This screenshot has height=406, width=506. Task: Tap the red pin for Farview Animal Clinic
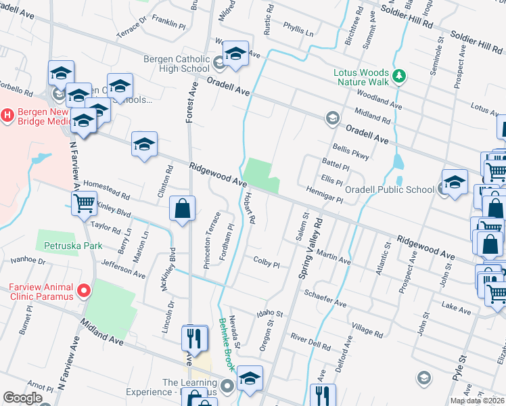[x=84, y=291]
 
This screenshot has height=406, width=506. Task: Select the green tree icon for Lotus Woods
[x=399, y=74]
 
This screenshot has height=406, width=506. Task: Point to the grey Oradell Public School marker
[x=442, y=189]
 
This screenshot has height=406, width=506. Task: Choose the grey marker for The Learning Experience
[x=228, y=386]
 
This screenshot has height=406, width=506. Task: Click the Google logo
[x=22, y=398]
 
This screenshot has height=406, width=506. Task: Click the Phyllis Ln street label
[x=299, y=32]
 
